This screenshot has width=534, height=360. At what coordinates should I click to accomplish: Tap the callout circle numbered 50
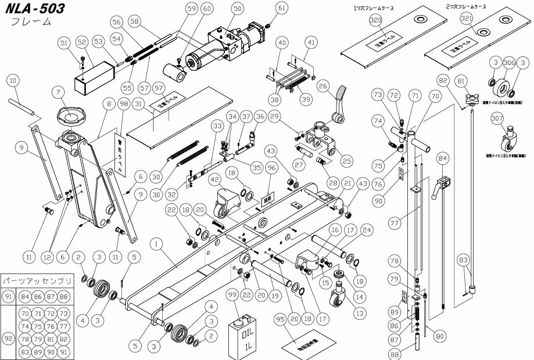[237, 9]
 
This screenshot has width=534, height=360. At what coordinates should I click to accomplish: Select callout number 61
[282, 8]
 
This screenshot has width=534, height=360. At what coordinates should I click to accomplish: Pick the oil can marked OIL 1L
[243, 336]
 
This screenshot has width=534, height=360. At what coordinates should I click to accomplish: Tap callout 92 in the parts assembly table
[9, 336]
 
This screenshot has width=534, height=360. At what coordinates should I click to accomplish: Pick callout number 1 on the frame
[155, 244]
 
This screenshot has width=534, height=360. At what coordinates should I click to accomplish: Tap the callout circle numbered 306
[509, 63]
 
